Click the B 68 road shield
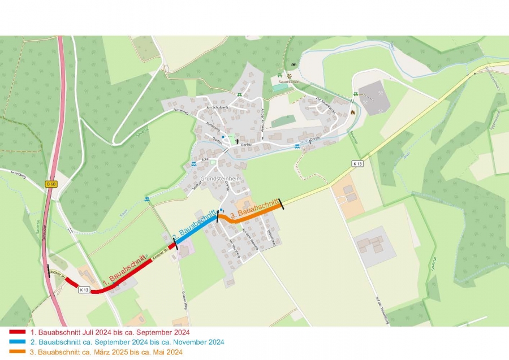coord(51,184)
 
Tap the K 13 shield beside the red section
coord(84,290)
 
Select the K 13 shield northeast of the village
coord(357,163)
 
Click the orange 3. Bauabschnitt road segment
coord(252,214)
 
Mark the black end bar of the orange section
coord(281,204)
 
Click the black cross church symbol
coord(238,141)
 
